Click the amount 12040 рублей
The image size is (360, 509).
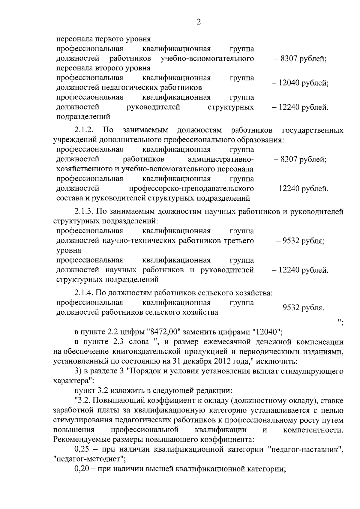tap(300, 83)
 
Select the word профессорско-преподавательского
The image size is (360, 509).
tap(191, 189)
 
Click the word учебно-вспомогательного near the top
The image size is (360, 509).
tap(207, 58)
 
